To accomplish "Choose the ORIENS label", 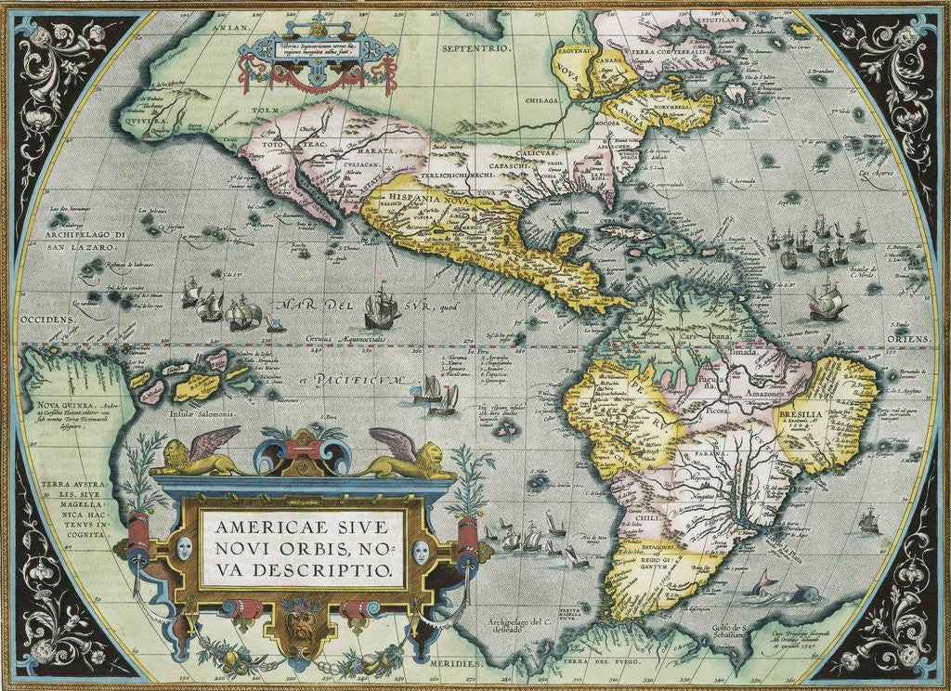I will click(x=907, y=340).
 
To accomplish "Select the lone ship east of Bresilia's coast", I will click(x=869, y=521).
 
